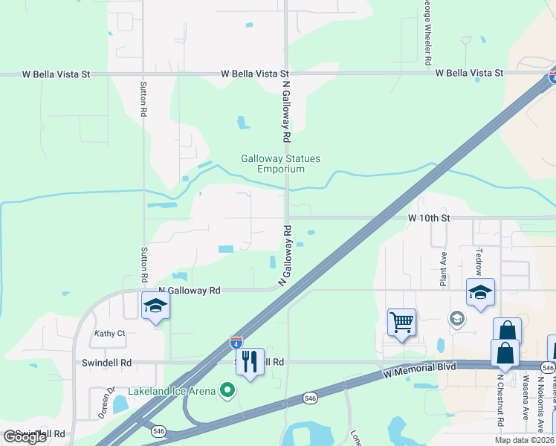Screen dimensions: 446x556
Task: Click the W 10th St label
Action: tap(430, 218)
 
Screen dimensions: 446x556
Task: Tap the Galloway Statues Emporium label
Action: tap(272, 164)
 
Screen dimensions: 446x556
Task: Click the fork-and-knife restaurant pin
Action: tap(250, 362)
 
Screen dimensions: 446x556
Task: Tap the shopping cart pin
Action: tap(401, 322)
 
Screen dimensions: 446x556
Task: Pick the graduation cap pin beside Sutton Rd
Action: tap(156, 306)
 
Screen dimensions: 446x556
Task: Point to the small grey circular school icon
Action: tap(456, 319)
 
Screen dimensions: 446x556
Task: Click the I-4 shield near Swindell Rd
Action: tap(236, 342)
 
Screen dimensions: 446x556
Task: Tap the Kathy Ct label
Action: tap(110, 334)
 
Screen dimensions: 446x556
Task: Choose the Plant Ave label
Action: tap(443, 268)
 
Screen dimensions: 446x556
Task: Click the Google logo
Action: tap(25, 437)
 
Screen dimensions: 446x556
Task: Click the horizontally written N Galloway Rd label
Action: tap(190, 290)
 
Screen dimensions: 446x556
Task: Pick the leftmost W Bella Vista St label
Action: tap(56, 74)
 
